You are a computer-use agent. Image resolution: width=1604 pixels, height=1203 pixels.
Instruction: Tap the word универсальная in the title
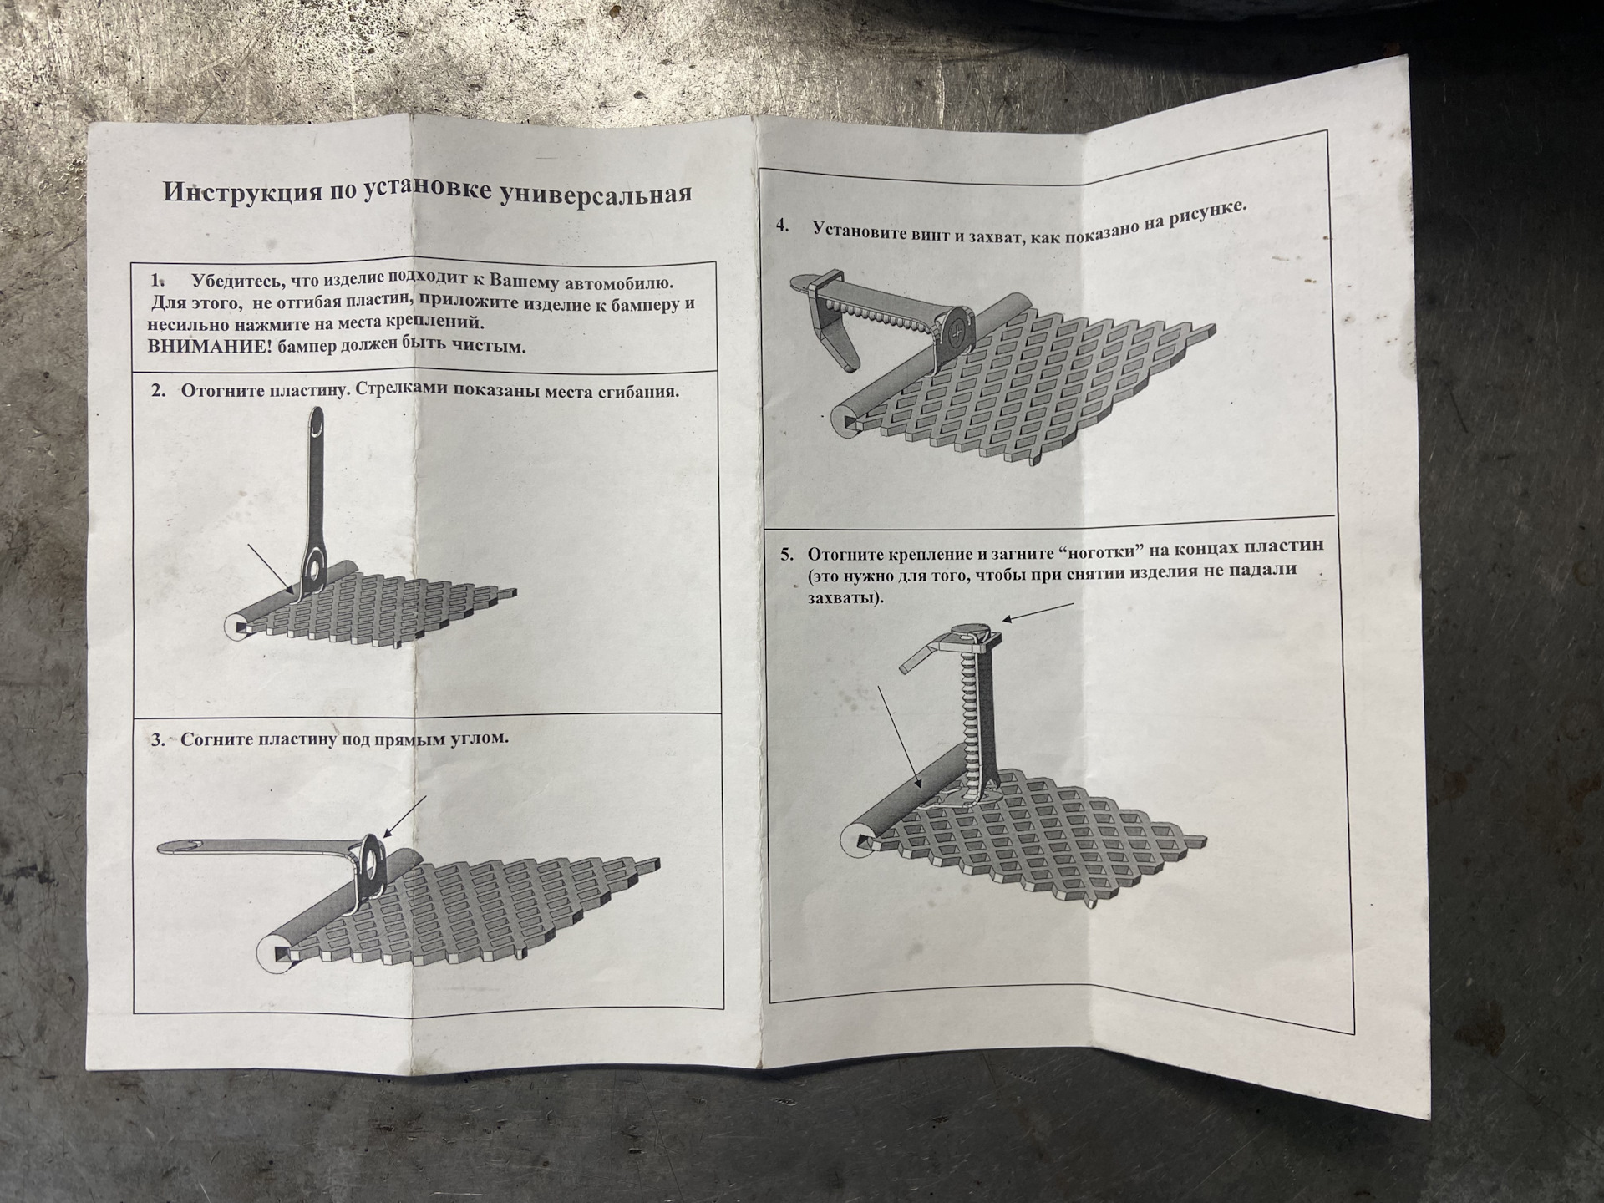[595, 194]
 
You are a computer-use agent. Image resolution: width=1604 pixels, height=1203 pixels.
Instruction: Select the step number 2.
[159, 390]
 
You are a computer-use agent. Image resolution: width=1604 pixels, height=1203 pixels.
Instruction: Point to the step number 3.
[158, 739]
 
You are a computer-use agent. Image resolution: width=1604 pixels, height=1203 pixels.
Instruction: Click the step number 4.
[783, 225]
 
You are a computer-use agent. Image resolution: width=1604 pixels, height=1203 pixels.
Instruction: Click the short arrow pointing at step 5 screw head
[1038, 612]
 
